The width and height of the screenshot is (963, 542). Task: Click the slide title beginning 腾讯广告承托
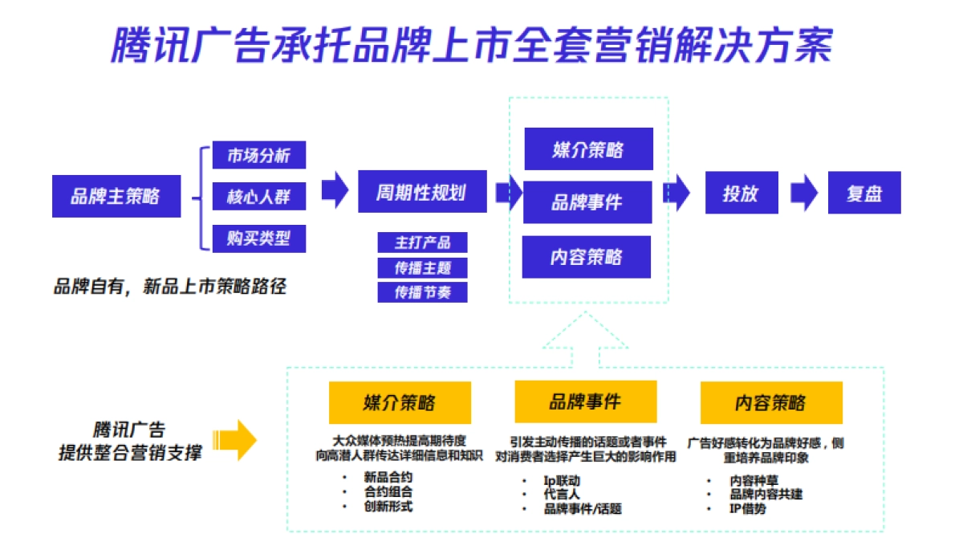coord(472,45)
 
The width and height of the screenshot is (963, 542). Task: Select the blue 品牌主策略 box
coord(116,196)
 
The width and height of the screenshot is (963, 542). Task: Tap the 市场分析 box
coord(258,155)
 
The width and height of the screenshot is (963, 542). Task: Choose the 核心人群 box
coord(258,197)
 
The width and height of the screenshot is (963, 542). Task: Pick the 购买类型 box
coord(258,238)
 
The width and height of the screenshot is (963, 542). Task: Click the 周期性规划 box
coord(422,192)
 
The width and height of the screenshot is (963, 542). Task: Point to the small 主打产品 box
coord(422,242)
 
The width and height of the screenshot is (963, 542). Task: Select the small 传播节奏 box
coord(422,292)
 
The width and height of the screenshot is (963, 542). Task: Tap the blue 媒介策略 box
coord(588,149)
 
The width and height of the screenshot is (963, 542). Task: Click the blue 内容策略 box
coord(587,257)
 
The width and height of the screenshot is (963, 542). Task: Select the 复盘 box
coord(863,193)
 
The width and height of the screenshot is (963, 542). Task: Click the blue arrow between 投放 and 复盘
coord(803,194)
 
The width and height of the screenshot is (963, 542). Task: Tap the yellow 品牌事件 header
coord(585,401)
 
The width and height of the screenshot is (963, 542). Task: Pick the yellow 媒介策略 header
coord(400,402)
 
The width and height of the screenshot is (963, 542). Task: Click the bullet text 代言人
coord(562,495)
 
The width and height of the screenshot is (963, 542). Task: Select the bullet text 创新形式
coord(388,506)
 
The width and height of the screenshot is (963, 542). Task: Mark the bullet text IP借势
coord(748,508)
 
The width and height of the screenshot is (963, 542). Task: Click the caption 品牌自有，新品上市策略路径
coord(169,286)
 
